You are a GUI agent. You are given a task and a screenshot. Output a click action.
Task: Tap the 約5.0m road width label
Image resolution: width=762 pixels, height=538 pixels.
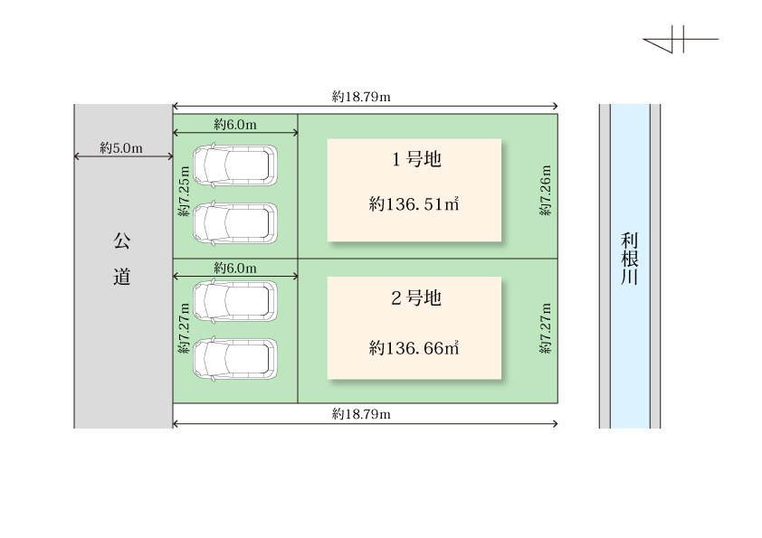coord(121,147)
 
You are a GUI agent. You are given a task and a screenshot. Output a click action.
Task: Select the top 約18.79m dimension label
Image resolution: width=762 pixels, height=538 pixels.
coord(361,96)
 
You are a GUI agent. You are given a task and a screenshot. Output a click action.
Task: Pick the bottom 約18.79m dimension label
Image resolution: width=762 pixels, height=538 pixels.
coord(361,414)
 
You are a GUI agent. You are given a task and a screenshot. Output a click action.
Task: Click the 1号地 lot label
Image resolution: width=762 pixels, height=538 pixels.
coord(415,161)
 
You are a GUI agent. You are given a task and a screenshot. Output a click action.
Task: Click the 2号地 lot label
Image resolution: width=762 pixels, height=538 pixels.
coord(415,298)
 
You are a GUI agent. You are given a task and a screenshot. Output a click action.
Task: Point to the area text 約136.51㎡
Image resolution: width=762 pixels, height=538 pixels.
coord(414,204)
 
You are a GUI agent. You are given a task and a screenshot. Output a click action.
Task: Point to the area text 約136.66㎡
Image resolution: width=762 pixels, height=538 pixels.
coord(414,347)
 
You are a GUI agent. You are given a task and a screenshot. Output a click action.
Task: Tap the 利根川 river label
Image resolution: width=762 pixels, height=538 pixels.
coord(630,259)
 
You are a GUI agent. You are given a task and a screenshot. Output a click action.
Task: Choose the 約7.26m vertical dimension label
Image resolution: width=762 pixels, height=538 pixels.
coord(546,190)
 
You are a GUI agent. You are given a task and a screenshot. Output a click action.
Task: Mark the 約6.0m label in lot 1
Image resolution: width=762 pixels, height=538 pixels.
coord(235,124)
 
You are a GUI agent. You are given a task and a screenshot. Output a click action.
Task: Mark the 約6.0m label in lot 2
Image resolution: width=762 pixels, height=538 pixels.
coord(235,269)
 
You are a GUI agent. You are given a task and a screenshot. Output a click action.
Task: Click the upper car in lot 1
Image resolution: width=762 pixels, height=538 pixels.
coord(235,164)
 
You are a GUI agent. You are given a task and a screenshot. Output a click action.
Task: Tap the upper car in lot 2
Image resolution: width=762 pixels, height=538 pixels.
coord(235,300)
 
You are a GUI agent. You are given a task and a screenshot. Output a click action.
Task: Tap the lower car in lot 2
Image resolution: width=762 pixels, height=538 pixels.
coord(235,358)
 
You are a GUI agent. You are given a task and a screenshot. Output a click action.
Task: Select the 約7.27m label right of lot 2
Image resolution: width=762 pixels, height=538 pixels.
coord(546,329)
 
